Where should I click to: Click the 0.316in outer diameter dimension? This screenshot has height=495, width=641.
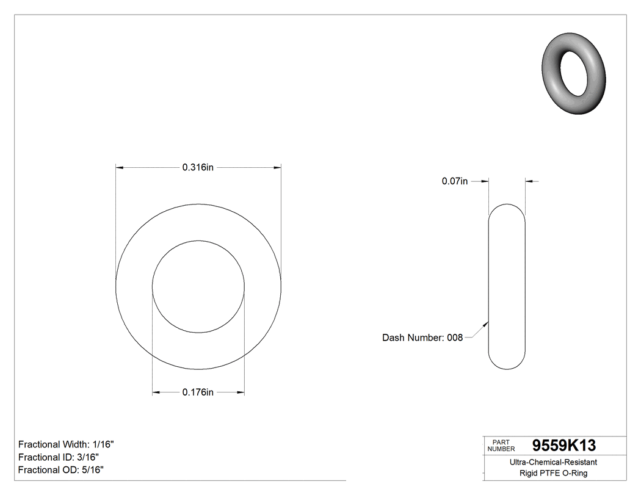click(198, 168)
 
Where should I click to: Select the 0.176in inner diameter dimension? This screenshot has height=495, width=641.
click(198, 392)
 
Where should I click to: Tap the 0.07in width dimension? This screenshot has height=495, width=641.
click(454, 181)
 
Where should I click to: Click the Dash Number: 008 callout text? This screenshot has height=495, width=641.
click(422, 338)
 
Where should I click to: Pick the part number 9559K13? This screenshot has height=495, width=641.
click(563, 446)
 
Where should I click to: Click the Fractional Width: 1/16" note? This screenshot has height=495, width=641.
click(66, 444)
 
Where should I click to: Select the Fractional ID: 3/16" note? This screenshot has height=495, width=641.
click(59, 457)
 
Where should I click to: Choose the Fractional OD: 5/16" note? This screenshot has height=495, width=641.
click(61, 470)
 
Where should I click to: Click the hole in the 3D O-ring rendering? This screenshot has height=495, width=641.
click(574, 74)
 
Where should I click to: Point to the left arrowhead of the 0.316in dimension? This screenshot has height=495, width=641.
click(120, 167)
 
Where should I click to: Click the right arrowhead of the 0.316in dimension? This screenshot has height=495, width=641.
click(277, 167)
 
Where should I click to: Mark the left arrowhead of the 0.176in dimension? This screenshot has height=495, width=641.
click(156, 392)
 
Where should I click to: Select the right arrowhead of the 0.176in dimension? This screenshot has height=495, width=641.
click(241, 392)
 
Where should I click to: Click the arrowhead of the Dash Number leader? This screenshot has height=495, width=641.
click(487, 324)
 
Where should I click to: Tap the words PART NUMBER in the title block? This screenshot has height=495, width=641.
click(502, 445)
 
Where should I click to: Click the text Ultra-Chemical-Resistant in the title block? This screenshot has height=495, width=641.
click(553, 463)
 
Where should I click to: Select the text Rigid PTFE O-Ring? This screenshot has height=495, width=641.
click(553, 473)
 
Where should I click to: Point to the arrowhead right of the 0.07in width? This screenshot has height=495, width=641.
click(529, 181)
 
